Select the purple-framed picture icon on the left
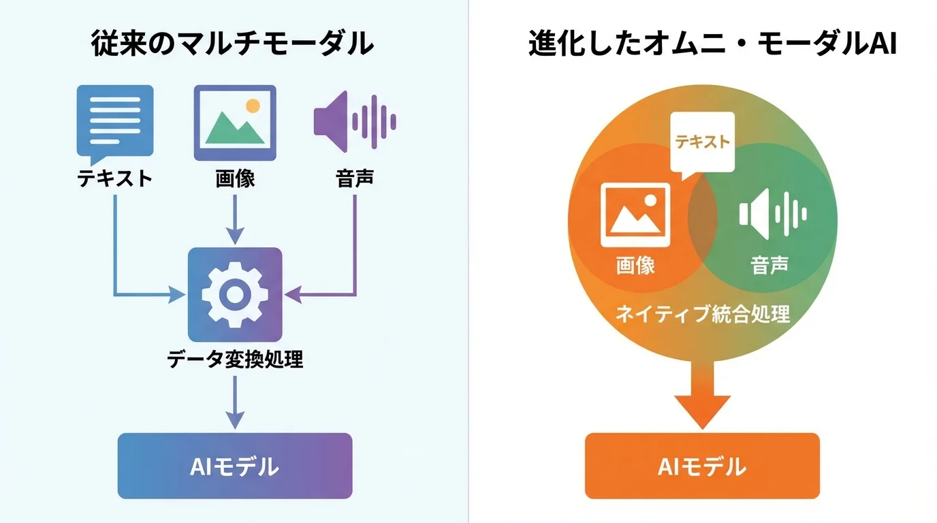tap(235, 123)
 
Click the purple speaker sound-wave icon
tap(355, 122)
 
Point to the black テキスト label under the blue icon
tap(114, 178)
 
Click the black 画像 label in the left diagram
tap(235, 178)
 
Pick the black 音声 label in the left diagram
tap(355, 178)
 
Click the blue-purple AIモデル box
tap(235, 466)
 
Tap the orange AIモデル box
tap(702, 466)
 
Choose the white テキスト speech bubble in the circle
tap(702, 142)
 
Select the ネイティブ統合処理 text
tap(702, 314)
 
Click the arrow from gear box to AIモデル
tap(235, 402)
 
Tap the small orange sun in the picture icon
tap(253, 106)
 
